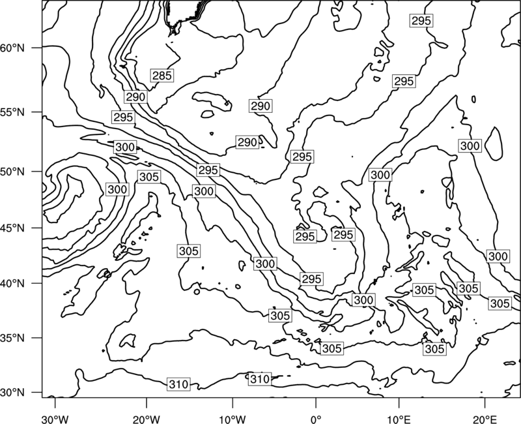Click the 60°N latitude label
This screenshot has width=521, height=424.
[12, 48]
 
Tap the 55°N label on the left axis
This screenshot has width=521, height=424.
[12, 112]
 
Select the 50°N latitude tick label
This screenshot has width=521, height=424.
[12, 172]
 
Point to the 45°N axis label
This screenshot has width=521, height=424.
[12, 228]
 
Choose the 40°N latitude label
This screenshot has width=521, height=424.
[12, 283]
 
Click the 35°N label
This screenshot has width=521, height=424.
[12, 338]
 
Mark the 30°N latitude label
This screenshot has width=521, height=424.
[12, 393]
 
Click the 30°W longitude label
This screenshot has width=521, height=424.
[55, 419]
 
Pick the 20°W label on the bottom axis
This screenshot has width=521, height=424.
[146, 419]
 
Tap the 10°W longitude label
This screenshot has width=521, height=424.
[232, 419]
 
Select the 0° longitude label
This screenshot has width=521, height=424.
[316, 419]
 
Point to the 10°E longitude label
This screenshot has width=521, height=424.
[399, 419]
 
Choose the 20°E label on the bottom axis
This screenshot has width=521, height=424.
[485, 419]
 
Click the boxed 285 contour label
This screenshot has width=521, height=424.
[162, 76]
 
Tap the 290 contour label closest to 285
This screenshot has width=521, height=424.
[136, 97]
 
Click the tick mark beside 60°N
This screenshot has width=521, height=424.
[37, 48]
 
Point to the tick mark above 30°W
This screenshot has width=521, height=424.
[55, 402]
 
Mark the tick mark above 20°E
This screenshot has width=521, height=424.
[485, 402]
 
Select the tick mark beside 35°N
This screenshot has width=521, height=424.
[37, 338]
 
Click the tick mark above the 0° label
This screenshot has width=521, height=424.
[316, 402]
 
